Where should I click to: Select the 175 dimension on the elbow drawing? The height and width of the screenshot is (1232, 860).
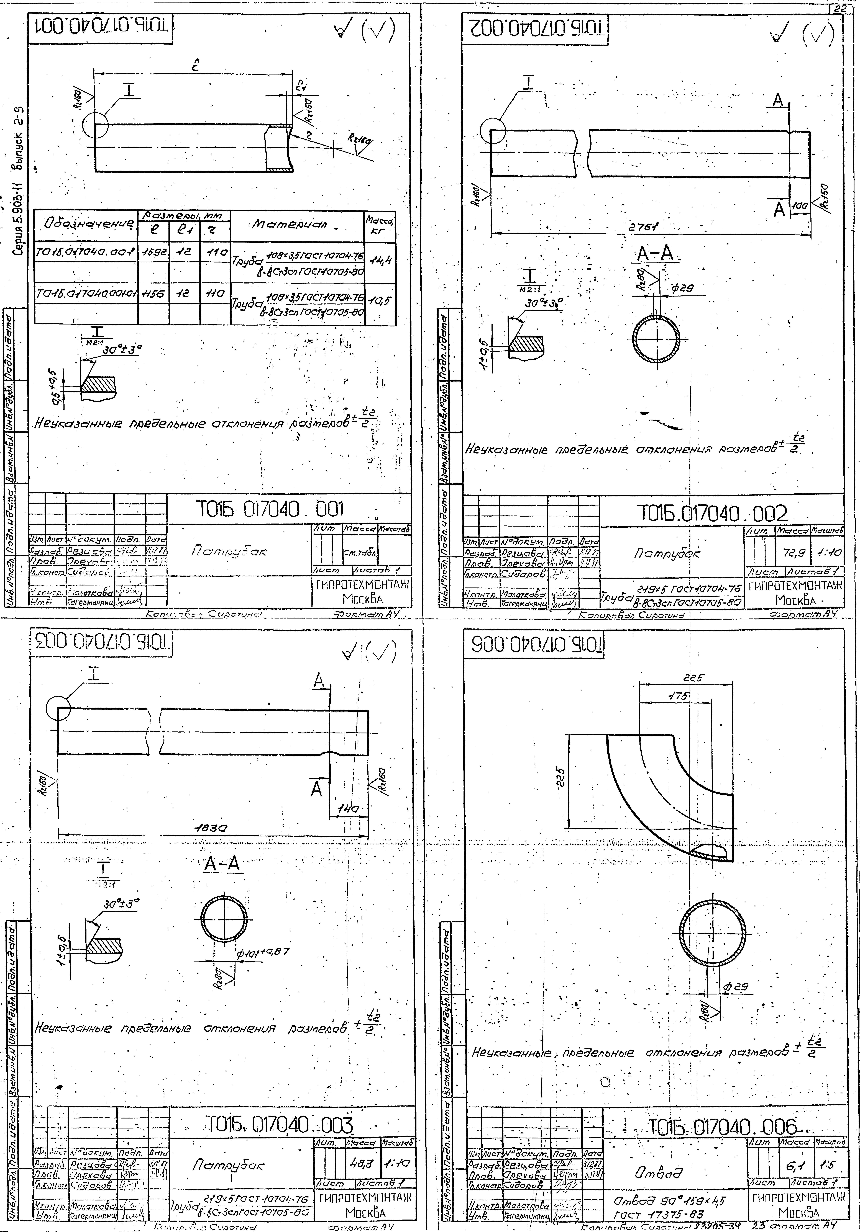tap(677, 696)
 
